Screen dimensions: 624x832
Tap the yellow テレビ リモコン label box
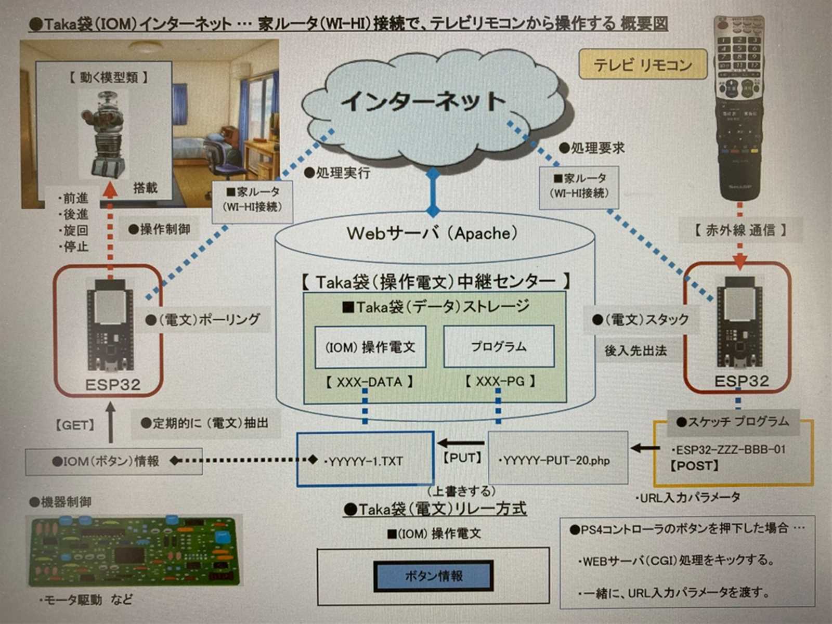coord(643,65)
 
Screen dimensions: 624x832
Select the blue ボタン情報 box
coord(434,576)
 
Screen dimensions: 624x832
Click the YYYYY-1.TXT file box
coord(365,459)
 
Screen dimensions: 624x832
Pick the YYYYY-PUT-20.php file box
coord(557,459)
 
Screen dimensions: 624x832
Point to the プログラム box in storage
coord(499,346)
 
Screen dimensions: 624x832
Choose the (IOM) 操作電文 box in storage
coord(370,347)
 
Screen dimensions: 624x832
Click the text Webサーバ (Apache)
coord(432,233)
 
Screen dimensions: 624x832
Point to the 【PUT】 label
coord(462,458)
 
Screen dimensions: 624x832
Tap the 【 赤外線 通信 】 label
coord(740,230)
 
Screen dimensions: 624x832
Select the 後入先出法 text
coord(635,351)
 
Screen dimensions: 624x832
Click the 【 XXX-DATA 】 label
coord(369,382)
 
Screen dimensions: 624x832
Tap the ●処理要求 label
coord(591,148)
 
